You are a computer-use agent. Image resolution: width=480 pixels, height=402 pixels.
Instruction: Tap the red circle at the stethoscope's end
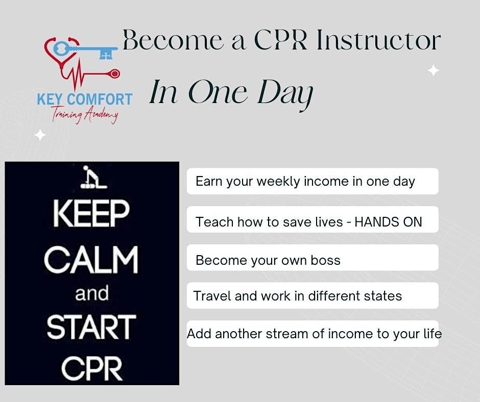(x=114, y=74)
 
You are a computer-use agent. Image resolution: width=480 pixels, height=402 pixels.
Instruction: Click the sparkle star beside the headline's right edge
(x=434, y=70)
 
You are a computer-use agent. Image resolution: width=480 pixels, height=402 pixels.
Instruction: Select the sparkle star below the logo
(x=40, y=135)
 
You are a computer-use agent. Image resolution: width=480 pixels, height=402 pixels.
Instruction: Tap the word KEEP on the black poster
(x=91, y=214)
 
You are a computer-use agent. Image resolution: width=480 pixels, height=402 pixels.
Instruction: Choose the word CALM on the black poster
(x=91, y=260)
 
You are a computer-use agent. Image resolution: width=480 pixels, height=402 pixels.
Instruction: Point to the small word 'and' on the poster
(x=92, y=294)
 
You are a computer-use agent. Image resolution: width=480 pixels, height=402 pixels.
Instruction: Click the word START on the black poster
(x=91, y=328)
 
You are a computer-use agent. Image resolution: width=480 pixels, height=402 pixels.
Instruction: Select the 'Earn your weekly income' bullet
(x=305, y=181)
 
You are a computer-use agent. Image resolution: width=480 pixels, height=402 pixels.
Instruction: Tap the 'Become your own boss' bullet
(x=268, y=260)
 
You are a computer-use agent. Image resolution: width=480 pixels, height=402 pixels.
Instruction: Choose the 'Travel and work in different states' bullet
(x=297, y=296)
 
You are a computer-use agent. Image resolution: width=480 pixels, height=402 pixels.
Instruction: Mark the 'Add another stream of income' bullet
(x=314, y=334)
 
